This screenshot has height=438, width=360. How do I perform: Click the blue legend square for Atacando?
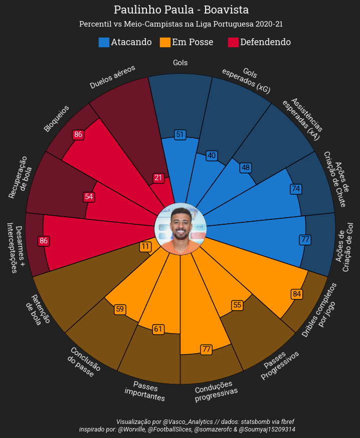pyautogui.click(x=104, y=43)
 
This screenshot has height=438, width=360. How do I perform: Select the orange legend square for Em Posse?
pyautogui.click(x=165, y=43)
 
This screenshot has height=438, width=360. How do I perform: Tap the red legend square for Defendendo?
pyautogui.click(x=233, y=43)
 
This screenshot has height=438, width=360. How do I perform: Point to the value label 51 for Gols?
pyautogui.click(x=181, y=134)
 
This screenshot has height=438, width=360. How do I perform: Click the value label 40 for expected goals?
pyautogui.click(x=212, y=156)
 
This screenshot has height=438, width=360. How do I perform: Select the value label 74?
pyautogui.click(x=296, y=189)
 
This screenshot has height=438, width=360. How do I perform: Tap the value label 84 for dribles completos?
pyautogui.click(x=297, y=294)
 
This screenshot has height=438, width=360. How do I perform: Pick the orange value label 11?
pyautogui.click(x=145, y=247)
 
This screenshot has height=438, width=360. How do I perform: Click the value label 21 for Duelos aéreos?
pyautogui.click(x=158, y=178)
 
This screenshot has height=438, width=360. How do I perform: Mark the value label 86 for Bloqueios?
pyautogui.click(x=78, y=134)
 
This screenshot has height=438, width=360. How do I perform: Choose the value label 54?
pyautogui.click(x=89, y=197)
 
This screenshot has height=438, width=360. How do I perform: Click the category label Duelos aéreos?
pyautogui.click(x=112, y=77)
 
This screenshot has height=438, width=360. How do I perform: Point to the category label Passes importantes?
pyautogui.click(x=145, y=393)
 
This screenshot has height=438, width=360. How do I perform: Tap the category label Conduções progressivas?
pyautogui.click(x=216, y=391)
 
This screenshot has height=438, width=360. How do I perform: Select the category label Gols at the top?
pyautogui.click(x=180, y=63)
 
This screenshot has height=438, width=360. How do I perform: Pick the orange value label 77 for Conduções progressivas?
pyautogui.click(x=206, y=349)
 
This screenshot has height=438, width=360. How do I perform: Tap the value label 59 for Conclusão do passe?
pyautogui.click(x=120, y=309)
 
